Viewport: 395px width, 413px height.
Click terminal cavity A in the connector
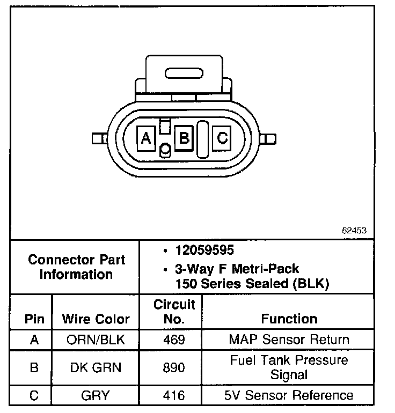click(x=145, y=138)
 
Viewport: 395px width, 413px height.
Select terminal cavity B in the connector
click(x=184, y=138)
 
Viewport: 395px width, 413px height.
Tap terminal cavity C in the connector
click(x=222, y=138)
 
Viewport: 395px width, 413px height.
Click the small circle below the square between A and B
click(x=165, y=150)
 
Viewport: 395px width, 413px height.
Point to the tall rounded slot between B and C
click(x=203, y=138)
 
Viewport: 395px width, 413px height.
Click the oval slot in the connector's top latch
click(x=184, y=72)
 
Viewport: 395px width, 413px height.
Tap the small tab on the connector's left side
click(x=98, y=138)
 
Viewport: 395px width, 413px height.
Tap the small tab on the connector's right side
click(x=270, y=139)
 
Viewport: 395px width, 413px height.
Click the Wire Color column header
click(x=96, y=319)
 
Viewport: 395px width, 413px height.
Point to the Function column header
click(x=289, y=319)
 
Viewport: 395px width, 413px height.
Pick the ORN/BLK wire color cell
click(x=96, y=340)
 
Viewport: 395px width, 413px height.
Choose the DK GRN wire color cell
click(x=96, y=367)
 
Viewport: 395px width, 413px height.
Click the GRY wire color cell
click(x=96, y=396)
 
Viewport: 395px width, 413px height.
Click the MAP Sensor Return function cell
click(x=289, y=340)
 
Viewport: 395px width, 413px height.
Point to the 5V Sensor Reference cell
click(x=289, y=396)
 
